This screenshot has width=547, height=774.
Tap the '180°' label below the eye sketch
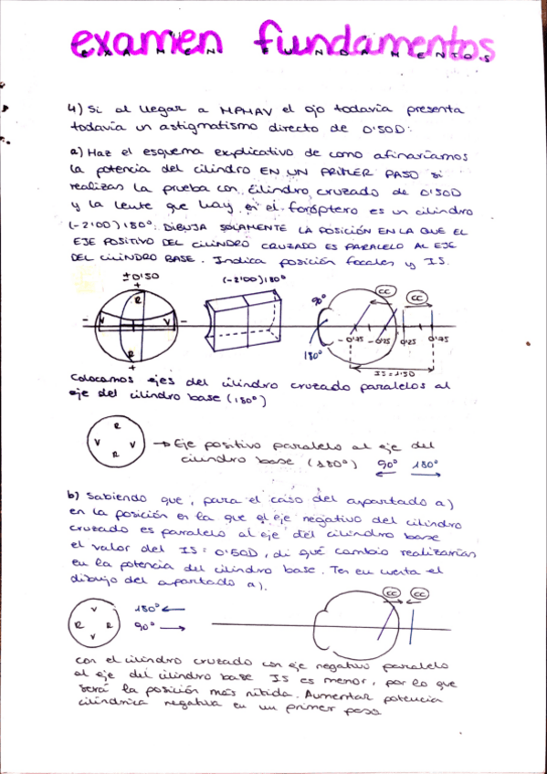coord(312,354)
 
